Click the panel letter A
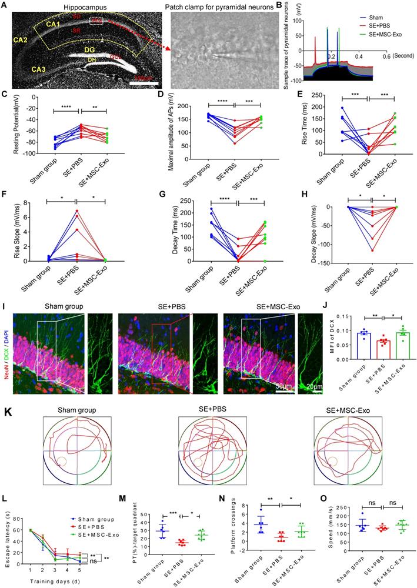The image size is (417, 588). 5,5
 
